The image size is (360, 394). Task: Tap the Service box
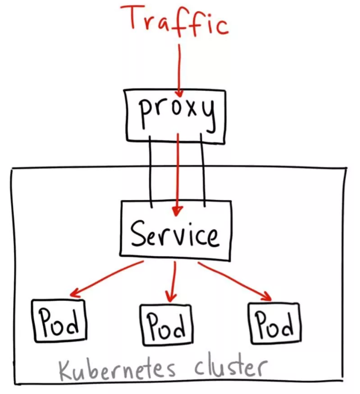click(175, 232)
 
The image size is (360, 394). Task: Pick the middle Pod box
click(167, 324)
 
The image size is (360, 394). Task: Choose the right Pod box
click(274, 322)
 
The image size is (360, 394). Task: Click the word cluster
click(230, 368)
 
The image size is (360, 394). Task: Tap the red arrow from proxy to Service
click(178, 171)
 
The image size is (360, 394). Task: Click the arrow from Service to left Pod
click(107, 278)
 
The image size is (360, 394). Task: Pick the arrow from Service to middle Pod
click(172, 281)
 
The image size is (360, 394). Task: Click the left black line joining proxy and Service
click(152, 169)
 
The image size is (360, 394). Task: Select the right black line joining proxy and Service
click(203, 169)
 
